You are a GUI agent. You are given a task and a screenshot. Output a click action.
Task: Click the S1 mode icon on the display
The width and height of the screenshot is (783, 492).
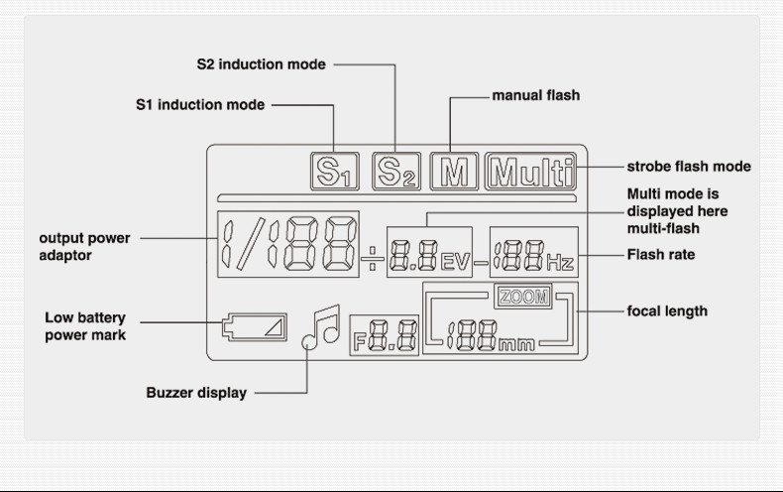point(336,172)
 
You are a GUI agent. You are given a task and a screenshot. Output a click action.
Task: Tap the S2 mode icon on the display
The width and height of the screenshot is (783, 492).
point(396,172)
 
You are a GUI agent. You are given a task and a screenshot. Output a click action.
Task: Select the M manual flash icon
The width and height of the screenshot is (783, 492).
point(455,172)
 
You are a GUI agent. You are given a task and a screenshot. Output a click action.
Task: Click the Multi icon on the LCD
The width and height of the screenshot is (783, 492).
point(530,172)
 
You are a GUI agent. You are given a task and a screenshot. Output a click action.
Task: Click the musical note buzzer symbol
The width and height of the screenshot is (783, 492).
point(321,326)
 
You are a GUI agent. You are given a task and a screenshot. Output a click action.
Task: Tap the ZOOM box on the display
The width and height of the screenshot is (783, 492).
point(522,297)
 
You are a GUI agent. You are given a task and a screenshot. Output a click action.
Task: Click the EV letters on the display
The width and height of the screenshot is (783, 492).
point(455,263)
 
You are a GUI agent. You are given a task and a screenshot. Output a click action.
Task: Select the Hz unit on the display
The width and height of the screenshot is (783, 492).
point(560,263)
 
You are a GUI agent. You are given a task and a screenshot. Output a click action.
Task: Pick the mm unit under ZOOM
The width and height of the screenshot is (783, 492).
point(516,344)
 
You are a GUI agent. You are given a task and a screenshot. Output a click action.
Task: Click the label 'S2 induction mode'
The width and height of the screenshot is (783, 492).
point(261,64)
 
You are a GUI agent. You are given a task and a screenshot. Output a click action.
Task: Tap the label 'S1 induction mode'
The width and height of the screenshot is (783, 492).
point(200,104)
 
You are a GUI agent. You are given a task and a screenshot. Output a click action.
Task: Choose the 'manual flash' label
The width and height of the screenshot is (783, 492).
point(535,95)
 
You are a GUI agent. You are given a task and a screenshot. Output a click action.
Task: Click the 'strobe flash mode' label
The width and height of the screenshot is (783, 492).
point(689,167)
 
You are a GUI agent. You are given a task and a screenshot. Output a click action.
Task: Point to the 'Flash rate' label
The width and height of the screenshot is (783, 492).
point(661,255)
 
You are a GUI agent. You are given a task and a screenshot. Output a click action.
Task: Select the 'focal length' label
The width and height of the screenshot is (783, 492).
point(667,311)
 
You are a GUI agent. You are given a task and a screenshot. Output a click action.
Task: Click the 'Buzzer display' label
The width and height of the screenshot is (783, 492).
point(196,393)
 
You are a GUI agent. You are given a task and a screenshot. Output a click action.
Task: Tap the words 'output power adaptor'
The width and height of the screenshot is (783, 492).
point(84,247)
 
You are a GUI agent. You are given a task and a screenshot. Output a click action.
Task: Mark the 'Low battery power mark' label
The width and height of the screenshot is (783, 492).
point(85,326)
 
